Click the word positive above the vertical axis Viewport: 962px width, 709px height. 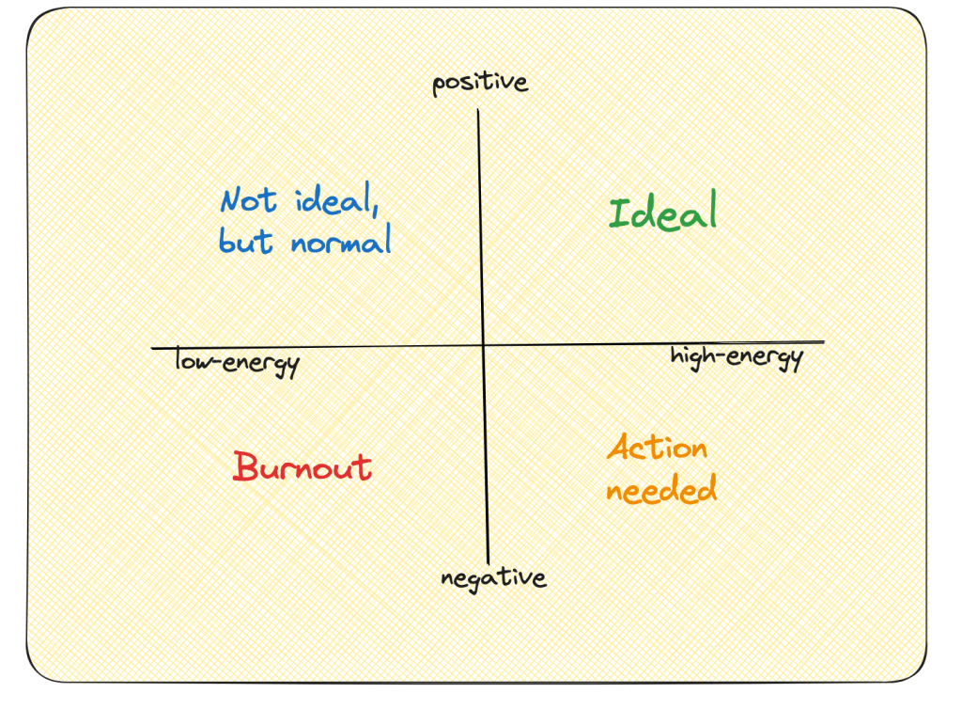480,84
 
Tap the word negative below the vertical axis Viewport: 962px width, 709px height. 493,577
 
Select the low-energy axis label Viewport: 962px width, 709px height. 237,362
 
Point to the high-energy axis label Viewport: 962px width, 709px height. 737,358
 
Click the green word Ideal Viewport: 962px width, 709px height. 663,213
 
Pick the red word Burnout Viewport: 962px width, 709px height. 303,467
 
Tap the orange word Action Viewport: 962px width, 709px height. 657,448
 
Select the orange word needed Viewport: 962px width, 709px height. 661,489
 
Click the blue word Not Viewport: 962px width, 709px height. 249,200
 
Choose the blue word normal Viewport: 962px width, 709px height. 340,243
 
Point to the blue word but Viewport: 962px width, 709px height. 246,242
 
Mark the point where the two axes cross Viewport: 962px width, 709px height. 483,346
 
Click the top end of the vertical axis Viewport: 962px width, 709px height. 479,111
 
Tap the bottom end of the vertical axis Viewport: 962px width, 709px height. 489,561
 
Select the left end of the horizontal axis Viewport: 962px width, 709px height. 152,349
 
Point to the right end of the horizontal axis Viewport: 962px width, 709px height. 824,342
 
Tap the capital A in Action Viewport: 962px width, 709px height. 618,448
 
